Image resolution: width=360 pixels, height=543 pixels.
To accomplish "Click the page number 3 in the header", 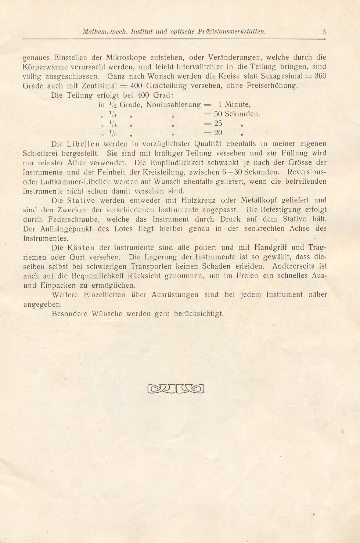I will coord(324,32).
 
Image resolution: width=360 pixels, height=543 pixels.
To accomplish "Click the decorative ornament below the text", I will coord(175,388).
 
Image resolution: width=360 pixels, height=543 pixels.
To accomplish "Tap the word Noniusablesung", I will coord(173,105).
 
